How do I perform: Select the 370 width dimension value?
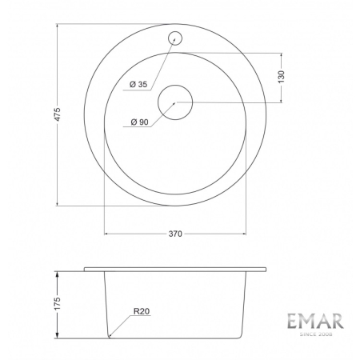[177, 234]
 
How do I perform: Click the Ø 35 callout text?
[138, 85]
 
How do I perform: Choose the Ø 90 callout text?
[138, 122]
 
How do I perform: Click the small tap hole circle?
[175, 37]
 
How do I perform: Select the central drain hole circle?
[175, 102]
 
